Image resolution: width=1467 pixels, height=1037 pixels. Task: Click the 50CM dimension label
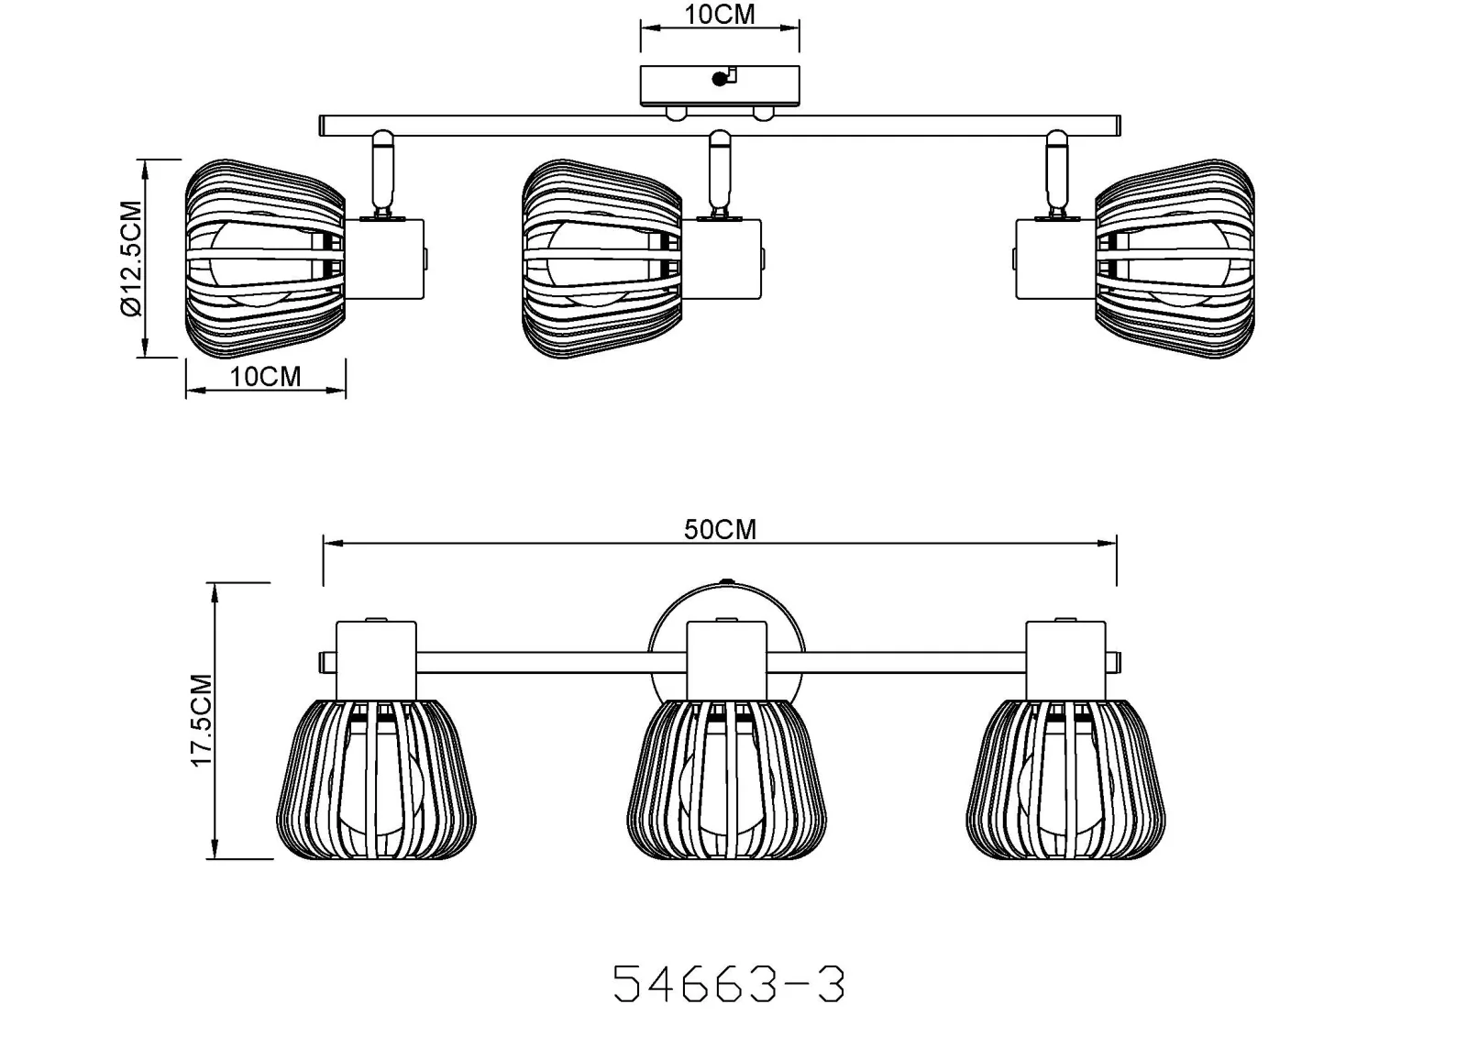tap(720, 529)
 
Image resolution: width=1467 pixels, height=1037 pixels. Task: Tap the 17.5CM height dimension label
tap(202, 719)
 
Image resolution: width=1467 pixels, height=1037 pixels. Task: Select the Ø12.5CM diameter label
tap(131, 258)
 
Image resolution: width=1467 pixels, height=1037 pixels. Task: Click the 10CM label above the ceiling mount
tap(720, 14)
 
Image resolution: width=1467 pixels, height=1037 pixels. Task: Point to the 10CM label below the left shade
tap(265, 377)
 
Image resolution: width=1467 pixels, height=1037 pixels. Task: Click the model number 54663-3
tap(729, 983)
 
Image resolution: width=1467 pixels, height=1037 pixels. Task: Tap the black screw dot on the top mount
tap(719, 79)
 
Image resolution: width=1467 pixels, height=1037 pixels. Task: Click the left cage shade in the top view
tap(265, 258)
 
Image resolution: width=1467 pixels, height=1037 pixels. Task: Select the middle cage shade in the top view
tap(601, 258)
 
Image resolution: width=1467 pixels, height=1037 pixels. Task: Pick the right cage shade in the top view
tap(1175, 258)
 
